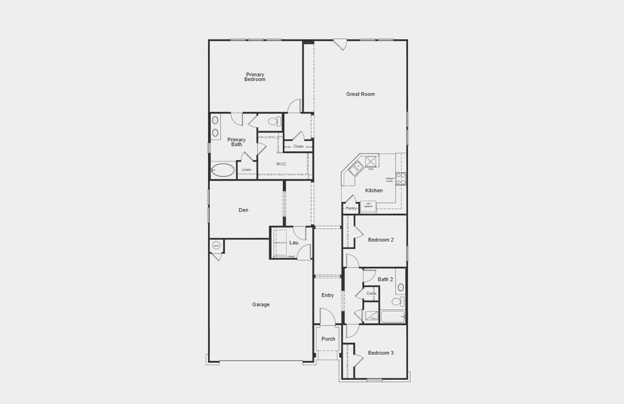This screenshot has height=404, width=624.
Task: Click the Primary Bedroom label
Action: (x=255, y=77)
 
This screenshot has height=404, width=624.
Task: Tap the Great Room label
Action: (x=360, y=94)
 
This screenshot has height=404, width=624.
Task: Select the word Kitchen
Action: (x=374, y=191)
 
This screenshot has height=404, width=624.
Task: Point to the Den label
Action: (x=244, y=210)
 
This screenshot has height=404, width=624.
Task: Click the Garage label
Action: (x=261, y=304)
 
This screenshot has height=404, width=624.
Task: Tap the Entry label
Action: (x=328, y=295)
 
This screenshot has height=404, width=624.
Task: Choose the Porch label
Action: (x=328, y=339)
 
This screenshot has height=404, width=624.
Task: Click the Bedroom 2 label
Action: (x=380, y=240)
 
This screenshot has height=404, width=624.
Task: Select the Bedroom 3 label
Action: (x=380, y=353)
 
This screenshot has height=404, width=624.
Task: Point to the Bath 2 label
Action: (x=385, y=279)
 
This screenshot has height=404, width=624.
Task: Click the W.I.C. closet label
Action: (x=281, y=164)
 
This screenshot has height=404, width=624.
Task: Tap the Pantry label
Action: (x=351, y=208)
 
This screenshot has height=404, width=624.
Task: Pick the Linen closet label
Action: (x=246, y=170)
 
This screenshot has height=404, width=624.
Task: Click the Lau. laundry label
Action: (x=294, y=242)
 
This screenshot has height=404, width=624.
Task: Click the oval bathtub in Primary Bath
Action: (x=223, y=170)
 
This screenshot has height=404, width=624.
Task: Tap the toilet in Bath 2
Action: (x=401, y=288)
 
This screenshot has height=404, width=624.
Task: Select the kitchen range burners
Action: (x=401, y=178)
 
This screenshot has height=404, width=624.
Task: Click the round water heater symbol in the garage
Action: (x=216, y=246)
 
